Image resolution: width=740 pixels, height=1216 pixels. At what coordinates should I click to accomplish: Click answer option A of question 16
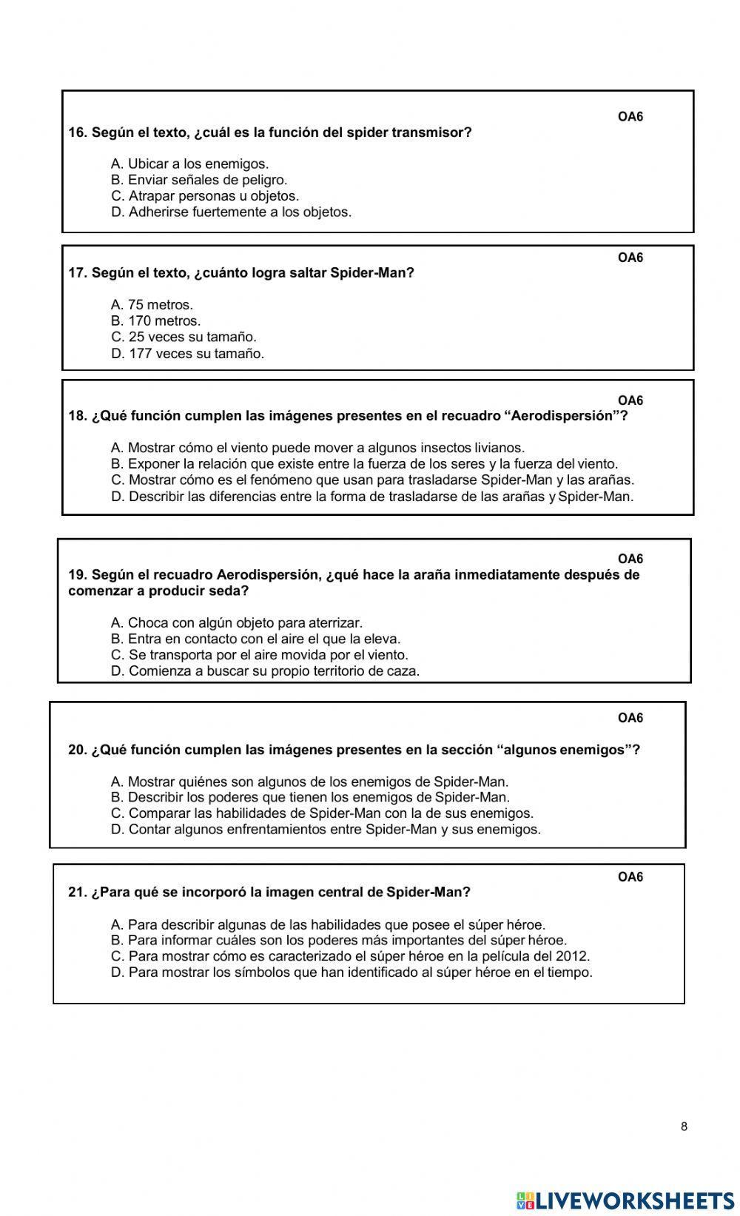point(189,164)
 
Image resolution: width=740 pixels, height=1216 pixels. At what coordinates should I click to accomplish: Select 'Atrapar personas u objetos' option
point(205,196)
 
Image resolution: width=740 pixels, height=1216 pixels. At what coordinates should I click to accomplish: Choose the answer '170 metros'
point(156,320)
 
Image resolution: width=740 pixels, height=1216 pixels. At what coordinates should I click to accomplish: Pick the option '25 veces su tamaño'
point(184,337)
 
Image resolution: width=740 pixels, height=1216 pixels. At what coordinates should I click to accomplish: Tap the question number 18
point(78,416)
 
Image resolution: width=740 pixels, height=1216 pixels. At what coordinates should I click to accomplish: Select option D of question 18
point(372,497)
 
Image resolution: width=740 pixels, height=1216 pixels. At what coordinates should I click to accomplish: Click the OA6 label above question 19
point(630,559)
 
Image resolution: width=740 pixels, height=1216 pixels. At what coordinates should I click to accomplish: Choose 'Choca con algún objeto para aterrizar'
point(237,622)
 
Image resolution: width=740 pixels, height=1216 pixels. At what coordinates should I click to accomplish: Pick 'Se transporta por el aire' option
point(259,655)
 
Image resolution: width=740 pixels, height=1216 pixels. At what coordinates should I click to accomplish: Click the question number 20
point(78,750)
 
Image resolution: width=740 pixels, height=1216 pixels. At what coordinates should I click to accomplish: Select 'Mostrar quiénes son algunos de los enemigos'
point(309,782)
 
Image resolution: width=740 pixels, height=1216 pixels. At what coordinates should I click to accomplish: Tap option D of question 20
point(326,830)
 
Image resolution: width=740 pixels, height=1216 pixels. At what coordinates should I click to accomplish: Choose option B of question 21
point(339,941)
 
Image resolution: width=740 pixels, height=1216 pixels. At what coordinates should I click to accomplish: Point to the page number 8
point(684,1126)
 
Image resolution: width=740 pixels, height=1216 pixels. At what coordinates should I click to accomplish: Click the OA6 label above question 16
point(630,117)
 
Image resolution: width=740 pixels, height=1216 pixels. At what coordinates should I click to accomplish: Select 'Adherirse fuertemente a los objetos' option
point(231,212)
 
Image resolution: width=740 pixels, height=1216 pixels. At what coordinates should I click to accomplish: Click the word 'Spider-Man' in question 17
point(371,273)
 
